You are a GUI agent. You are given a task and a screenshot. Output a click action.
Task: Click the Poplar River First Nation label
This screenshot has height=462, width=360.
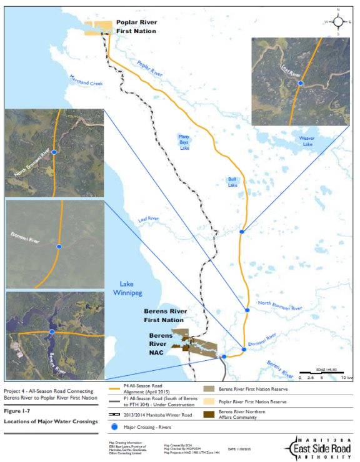(136, 26)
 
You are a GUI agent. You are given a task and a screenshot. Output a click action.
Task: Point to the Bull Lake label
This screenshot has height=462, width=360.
(232, 182)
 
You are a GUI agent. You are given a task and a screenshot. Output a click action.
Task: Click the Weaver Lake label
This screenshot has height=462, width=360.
(306, 140)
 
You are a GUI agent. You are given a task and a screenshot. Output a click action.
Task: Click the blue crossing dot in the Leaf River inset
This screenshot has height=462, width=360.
(301, 83)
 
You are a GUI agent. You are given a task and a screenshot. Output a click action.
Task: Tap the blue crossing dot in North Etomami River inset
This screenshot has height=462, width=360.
(54, 152)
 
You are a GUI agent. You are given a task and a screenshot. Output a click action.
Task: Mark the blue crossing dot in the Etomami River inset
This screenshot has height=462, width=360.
(59, 245)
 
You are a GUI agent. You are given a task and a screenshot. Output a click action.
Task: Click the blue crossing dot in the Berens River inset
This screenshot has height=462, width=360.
(52, 333)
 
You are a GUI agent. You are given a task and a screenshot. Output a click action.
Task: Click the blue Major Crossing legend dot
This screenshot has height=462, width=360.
(112, 426)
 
